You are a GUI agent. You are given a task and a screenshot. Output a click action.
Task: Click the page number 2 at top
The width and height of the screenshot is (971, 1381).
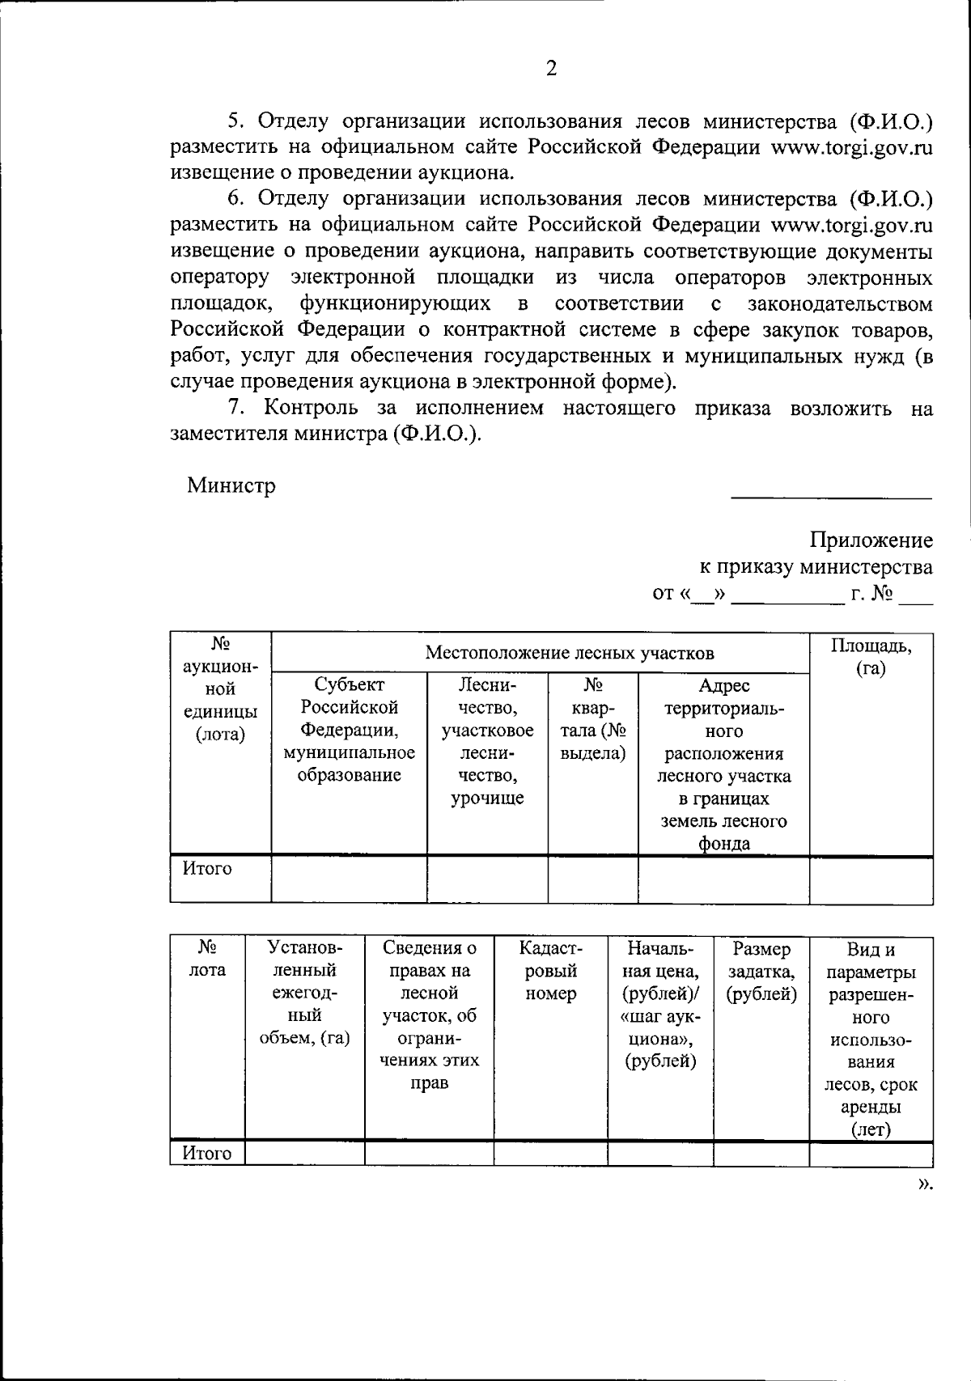click(x=551, y=70)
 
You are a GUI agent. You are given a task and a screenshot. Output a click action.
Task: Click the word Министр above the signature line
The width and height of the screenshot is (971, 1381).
click(x=231, y=486)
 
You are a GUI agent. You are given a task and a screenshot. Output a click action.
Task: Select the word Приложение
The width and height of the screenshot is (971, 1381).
click(x=871, y=540)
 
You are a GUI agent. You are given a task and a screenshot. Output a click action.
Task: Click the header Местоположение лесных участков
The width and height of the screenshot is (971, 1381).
click(x=570, y=653)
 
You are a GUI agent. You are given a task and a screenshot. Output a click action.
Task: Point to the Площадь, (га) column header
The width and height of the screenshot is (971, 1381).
click(x=871, y=657)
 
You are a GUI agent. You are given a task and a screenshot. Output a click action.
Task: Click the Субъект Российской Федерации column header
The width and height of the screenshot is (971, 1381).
click(x=349, y=730)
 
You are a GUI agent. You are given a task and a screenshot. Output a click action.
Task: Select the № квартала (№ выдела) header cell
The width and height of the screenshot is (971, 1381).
click(x=592, y=719)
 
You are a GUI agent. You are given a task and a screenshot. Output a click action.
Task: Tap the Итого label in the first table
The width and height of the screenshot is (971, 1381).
click(x=207, y=869)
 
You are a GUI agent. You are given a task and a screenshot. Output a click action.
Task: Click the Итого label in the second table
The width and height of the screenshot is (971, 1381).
click(x=207, y=1154)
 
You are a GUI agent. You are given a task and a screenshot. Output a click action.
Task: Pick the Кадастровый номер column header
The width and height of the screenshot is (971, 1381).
click(x=550, y=971)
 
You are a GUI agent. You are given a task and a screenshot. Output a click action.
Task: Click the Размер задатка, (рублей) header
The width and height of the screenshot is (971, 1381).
click(x=761, y=971)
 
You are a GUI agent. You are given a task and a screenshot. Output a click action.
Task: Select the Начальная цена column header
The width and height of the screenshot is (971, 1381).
click(x=660, y=1004)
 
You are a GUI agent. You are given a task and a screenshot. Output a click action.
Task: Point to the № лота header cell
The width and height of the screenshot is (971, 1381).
click(x=207, y=959)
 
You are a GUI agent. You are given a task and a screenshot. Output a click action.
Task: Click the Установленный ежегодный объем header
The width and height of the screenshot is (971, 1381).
click(x=304, y=993)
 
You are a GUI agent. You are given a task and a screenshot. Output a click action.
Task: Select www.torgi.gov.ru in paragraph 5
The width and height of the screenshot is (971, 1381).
click(x=851, y=147)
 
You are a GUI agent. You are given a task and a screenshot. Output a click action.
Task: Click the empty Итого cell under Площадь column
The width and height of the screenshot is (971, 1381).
click(x=871, y=879)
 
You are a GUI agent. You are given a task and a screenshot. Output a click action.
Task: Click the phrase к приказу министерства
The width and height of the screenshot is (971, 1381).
click(x=816, y=567)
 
